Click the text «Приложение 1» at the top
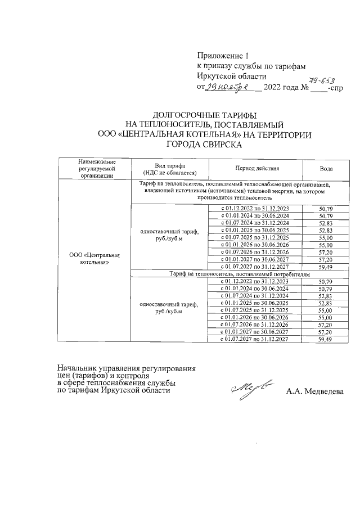pos(222,56)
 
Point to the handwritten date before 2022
pos(231,88)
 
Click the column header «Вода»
pos(325,169)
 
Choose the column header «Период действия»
pos(254,168)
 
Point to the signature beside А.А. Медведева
pos(253,389)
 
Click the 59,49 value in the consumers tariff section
pos(325,340)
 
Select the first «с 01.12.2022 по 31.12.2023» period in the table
pos(254,208)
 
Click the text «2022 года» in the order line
pos(282,88)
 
